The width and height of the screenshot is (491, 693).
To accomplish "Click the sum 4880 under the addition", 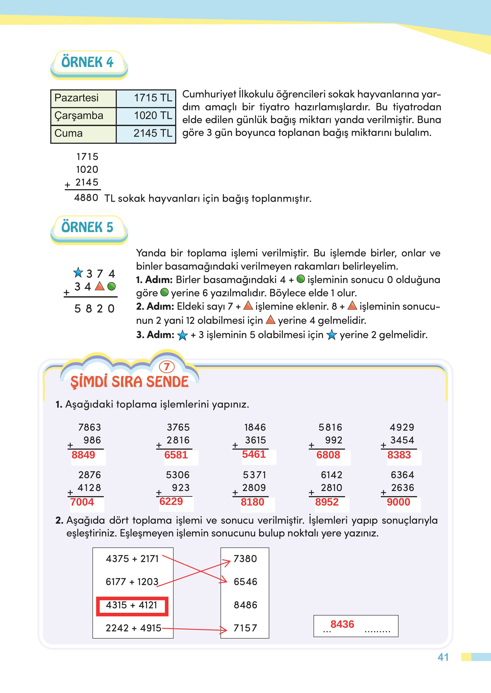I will point(86,198).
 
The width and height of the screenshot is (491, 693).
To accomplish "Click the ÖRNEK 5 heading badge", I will point(88,227).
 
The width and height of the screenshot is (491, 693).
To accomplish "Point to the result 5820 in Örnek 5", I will point(94,309).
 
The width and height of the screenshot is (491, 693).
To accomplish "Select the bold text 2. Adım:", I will point(155,307).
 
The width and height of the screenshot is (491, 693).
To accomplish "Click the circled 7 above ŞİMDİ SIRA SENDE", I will point(167,367).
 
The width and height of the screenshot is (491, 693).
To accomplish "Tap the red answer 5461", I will point(254,454).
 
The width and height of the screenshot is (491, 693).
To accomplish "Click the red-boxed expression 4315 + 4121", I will point(132,605).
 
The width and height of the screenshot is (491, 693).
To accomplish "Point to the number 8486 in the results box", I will point(245,605).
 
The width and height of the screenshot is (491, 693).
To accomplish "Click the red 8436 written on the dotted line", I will point(342,624).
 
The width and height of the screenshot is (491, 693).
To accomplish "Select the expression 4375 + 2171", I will point(132,559).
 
